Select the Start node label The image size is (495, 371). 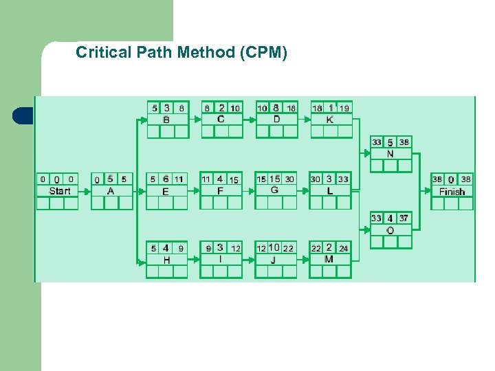pos(59,191)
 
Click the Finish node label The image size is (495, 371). pos(452,192)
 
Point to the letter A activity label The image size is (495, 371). pos(111,191)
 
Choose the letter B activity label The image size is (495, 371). pos(166,120)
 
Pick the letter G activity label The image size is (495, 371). pos(275,190)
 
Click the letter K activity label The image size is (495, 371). pos(330,120)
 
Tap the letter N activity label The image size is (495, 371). pos(390,154)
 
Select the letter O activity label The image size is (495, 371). pos(390,230)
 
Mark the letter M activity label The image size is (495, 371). pos(329,259)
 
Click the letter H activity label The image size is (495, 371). pos(166,260)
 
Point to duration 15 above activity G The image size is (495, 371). pos(275,179)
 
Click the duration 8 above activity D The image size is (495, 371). pos(276,107)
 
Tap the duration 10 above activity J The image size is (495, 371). pos(274,248)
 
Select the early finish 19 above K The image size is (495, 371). pos(344,108)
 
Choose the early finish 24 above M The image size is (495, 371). pos(344,249)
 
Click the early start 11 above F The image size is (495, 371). pos(206,179)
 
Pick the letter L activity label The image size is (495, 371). pos(330,190)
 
